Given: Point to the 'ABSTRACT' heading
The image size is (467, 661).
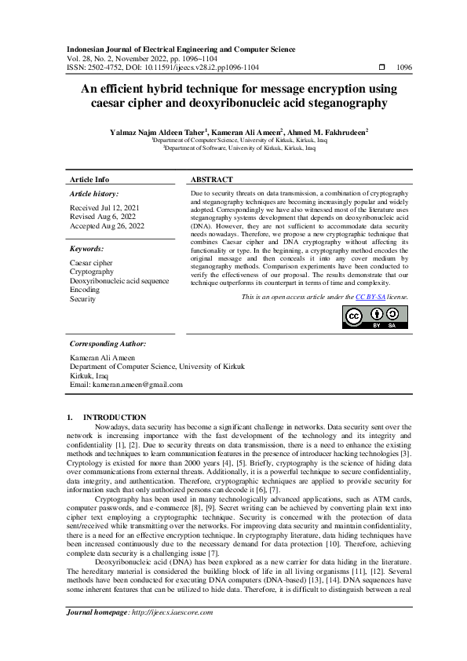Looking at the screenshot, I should pos(211,179).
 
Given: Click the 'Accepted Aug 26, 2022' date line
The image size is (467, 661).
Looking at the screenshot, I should pos(108,226).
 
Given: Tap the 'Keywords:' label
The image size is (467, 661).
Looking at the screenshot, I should pos(86,249).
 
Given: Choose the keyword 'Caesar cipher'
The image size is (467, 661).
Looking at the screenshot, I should pos(91,263).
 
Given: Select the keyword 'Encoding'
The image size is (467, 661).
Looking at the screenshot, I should pos(85,290).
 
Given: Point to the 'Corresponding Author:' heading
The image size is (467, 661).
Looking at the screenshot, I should pos(107,344).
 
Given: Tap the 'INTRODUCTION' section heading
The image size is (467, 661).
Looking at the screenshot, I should pos(115,417).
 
